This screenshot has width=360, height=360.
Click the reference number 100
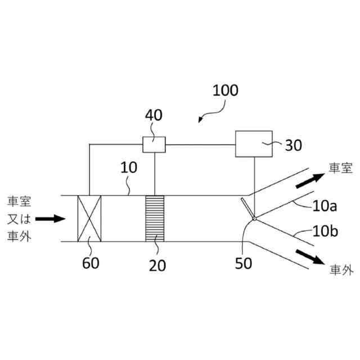pos(226,90)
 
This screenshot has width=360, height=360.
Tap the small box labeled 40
pos(154,145)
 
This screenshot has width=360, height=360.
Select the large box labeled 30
pos(253,145)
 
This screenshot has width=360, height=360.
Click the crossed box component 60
pos(89,218)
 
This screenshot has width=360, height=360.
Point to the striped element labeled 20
pos(155,218)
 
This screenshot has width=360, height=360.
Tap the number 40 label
pos(154,115)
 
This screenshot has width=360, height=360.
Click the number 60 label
pos(91,263)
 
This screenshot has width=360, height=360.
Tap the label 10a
pos(323,206)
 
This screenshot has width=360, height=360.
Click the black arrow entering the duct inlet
pos(51,218)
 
